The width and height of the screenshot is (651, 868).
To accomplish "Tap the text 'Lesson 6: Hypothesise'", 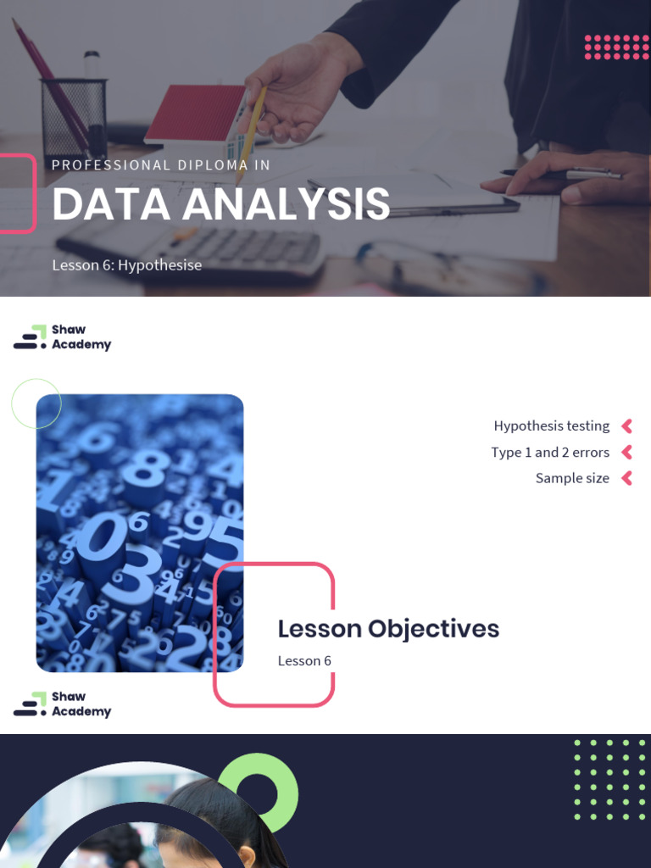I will click(x=127, y=265).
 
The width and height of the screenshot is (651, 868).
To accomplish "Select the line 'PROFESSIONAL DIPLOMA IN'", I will click(x=161, y=165).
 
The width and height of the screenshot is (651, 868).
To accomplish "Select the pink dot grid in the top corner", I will click(x=616, y=47).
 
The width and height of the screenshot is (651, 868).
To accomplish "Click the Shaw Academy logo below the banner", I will click(x=63, y=337).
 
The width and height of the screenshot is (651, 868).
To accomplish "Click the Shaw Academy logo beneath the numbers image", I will click(x=63, y=704).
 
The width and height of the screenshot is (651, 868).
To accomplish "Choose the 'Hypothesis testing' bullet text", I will click(x=552, y=426).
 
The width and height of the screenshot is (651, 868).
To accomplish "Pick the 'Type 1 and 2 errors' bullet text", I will click(x=550, y=452).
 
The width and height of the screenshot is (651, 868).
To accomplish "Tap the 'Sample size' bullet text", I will click(x=572, y=478).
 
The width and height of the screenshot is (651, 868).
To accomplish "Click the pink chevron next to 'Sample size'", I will click(x=627, y=478).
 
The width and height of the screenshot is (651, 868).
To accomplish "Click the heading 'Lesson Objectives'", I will click(x=388, y=629).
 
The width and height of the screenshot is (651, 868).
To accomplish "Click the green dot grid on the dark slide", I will click(x=609, y=780).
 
